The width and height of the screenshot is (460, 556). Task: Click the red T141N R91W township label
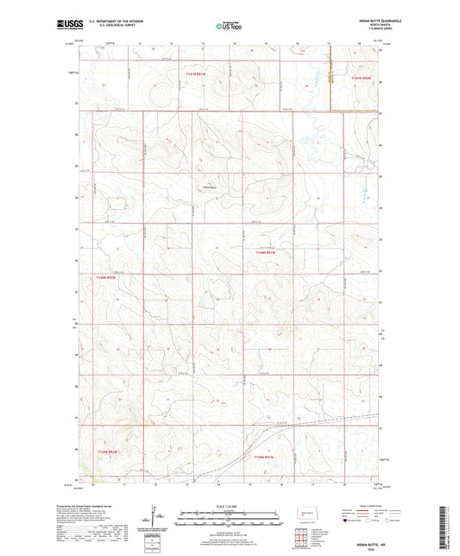point(198,75)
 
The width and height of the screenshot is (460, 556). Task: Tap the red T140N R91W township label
point(263,252)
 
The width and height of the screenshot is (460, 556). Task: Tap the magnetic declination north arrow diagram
point(153,521)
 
